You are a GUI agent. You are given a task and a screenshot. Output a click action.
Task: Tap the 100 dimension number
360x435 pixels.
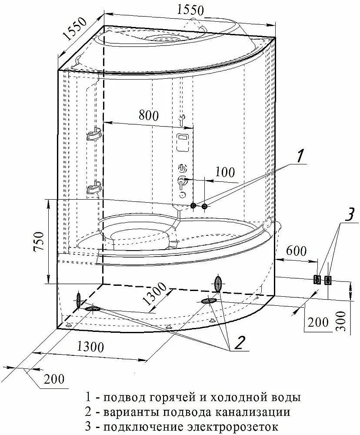pyautogui.click(x=225, y=172)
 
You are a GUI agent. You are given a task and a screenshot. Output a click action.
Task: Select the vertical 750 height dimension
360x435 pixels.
pyautogui.click(x=40, y=241)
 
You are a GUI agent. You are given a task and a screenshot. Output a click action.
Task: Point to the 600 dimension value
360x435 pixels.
pyautogui.click(x=297, y=251)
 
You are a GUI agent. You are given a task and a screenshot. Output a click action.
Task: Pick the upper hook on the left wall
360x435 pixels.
pyautogui.click(x=94, y=134)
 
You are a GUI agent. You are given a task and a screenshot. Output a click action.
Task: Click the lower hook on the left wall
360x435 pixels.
pyautogui.click(x=94, y=188)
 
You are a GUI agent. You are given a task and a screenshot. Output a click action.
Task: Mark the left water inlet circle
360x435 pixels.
pyautogui.click(x=193, y=206)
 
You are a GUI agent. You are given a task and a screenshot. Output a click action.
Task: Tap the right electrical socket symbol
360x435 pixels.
pyautogui.click(x=328, y=280)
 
